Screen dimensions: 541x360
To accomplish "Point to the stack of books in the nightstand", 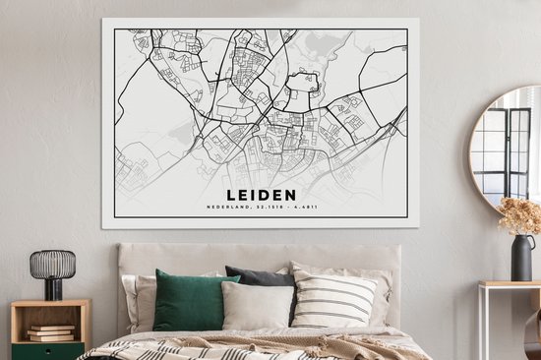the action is pos(51,332).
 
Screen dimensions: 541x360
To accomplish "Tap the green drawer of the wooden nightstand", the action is pos(49,350).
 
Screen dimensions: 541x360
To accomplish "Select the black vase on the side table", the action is pos(522,257).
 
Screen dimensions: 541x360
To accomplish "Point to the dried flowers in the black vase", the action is pos(520,215).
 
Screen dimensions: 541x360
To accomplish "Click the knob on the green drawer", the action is pos(49,350).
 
